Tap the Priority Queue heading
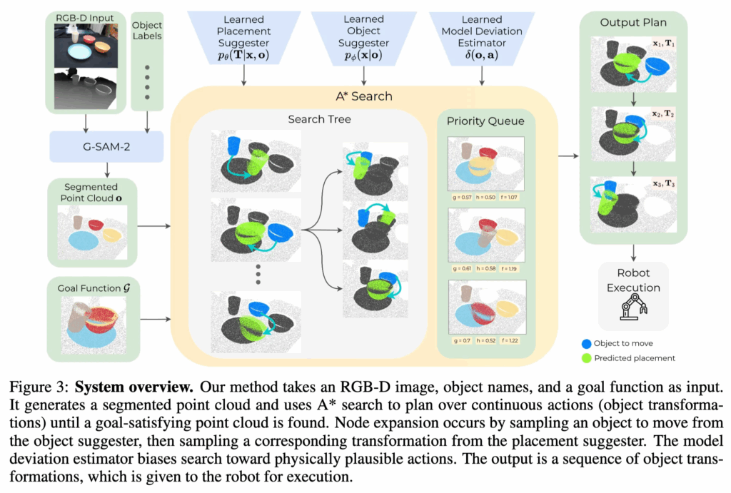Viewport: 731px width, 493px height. (x=485, y=121)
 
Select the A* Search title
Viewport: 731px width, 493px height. (x=364, y=96)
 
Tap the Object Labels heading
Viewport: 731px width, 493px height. (x=148, y=30)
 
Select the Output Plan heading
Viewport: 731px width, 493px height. (x=633, y=24)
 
